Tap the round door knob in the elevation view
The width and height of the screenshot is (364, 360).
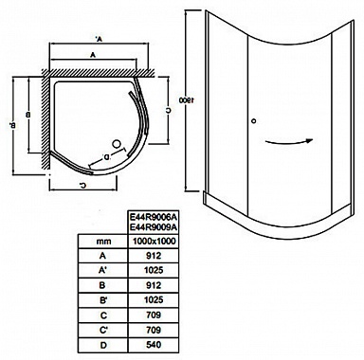[253, 120]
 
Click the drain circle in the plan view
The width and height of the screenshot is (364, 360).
[116, 144]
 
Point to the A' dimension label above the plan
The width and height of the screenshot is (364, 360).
[98, 40]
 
